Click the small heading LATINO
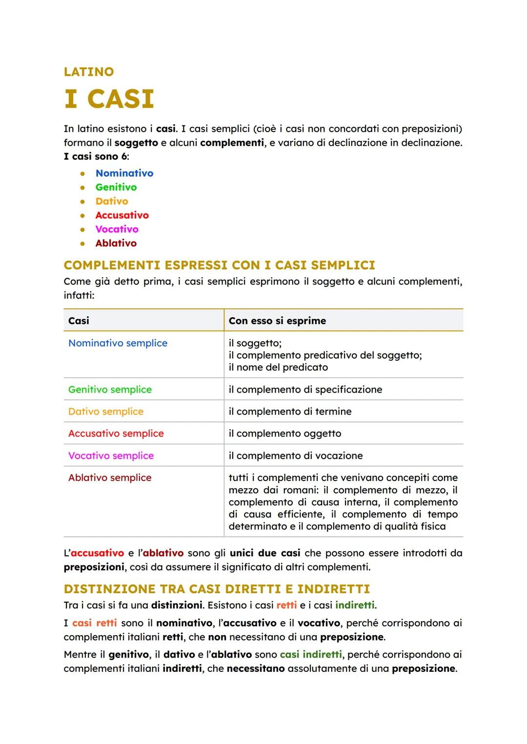tap(88, 72)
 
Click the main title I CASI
tap(109, 99)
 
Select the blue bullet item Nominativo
tap(124, 173)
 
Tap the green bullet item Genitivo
tap(116, 187)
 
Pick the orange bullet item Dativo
tap(111, 201)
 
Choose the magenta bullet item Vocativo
tap(117, 229)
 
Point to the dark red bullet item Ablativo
tap(116, 243)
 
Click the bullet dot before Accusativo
tap(83, 216)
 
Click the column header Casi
tap(79, 321)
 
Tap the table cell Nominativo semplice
tap(118, 343)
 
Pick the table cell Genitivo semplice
tap(110, 389)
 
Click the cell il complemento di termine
tap(290, 411)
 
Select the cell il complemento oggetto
tap(284, 433)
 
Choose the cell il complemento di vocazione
tap(295, 456)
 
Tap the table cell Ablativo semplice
tap(110, 478)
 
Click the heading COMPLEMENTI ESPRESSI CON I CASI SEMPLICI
tap(219, 265)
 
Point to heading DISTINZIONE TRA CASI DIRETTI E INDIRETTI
tap(217, 589)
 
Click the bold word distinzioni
tap(177, 605)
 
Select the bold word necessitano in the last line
tap(255, 668)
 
